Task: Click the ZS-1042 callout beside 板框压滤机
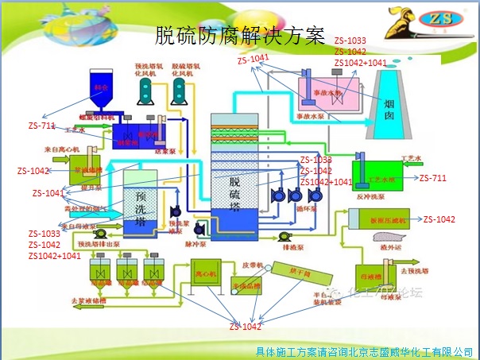[x=439, y=219]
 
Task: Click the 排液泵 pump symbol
[x=285, y=235]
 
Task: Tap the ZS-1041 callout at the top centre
[x=254, y=59]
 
